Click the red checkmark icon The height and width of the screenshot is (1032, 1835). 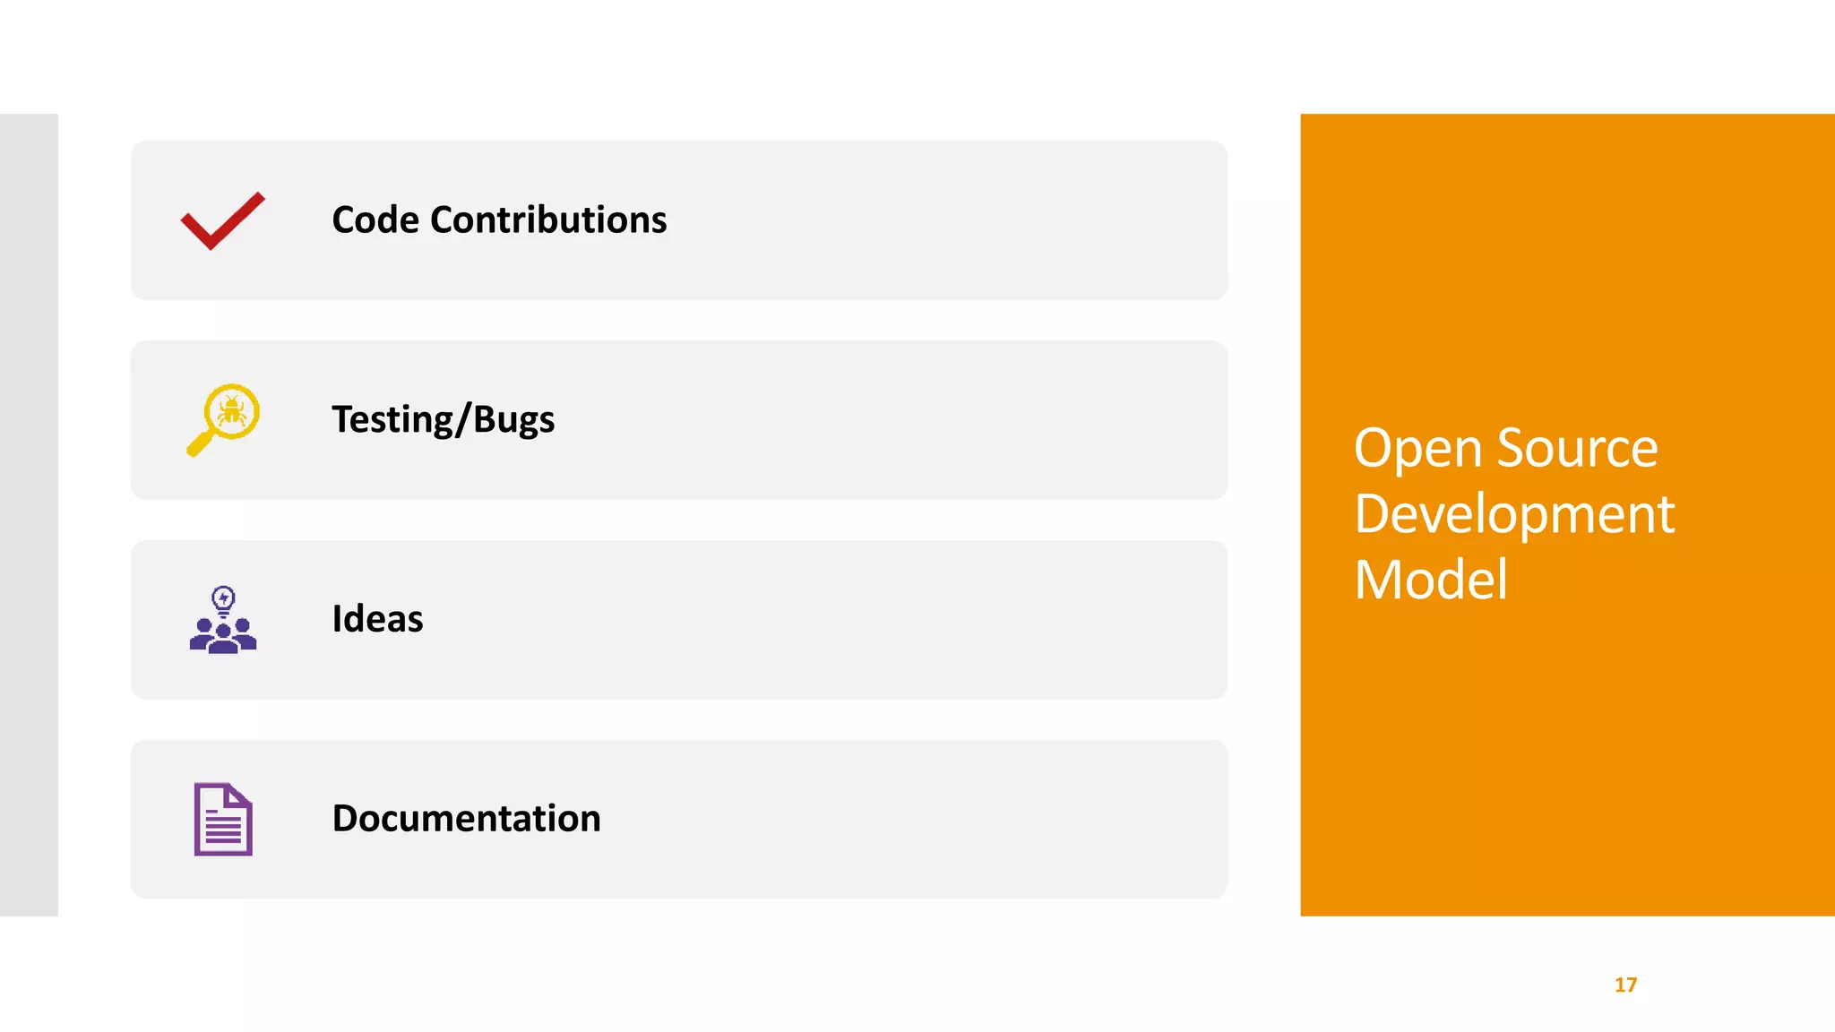click(x=222, y=221)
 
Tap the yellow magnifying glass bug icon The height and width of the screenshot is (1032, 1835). click(x=224, y=419)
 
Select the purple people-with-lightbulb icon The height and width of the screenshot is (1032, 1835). click(x=223, y=620)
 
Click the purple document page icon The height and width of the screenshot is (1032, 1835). click(x=223, y=819)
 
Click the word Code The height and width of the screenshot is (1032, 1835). click(x=375, y=220)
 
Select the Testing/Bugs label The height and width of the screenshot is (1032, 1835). click(x=443, y=420)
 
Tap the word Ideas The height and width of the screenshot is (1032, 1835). click(x=377, y=619)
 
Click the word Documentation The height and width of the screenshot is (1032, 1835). click(x=466, y=819)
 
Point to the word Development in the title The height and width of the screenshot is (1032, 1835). click(x=1514, y=514)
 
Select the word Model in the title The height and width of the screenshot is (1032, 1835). click(x=1431, y=580)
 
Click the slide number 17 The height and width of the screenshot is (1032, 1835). click(x=1625, y=985)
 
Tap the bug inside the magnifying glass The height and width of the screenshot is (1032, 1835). click(x=232, y=412)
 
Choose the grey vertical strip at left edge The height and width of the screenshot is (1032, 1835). click(x=29, y=514)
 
